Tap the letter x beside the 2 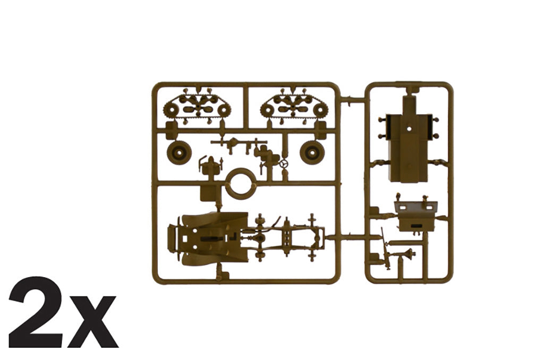tap(92, 321)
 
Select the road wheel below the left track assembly tap(179, 152)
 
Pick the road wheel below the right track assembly tap(312, 152)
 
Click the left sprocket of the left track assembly tap(171, 111)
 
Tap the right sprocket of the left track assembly tap(224, 111)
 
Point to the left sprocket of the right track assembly tap(268, 111)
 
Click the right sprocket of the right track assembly tap(320, 111)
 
